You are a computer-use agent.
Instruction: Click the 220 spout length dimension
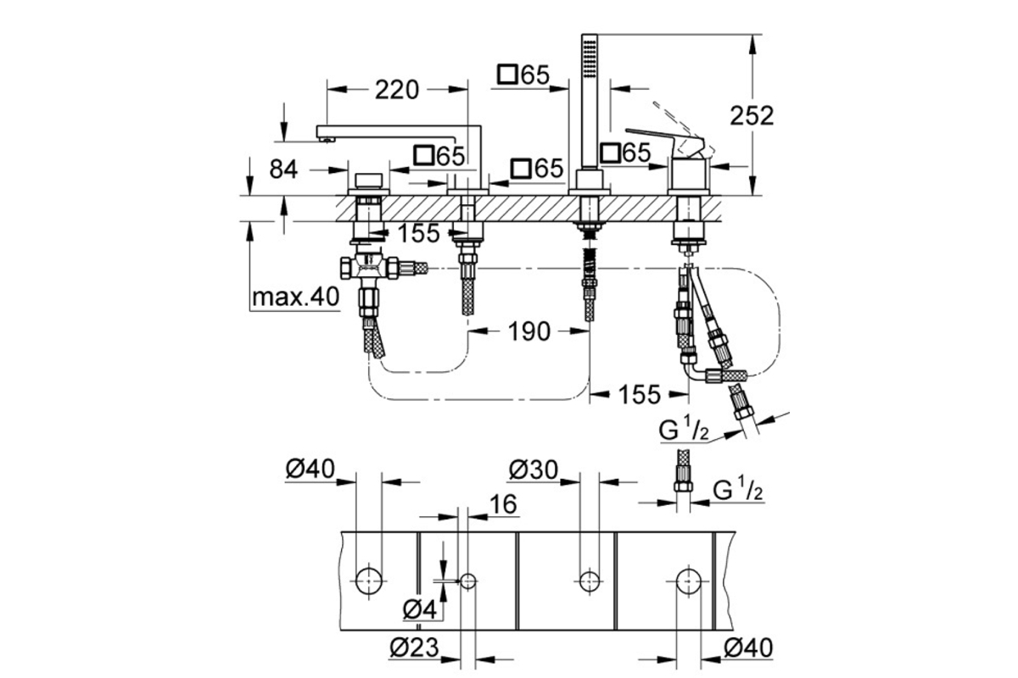coord(397,90)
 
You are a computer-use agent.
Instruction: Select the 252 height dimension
coord(752,116)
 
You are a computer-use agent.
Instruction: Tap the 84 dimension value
coord(283,169)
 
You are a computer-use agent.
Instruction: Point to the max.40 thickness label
coord(296,297)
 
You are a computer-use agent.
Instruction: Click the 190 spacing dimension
coord(529,331)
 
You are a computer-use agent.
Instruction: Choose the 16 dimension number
coord(503,504)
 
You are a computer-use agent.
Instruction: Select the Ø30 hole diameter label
coord(533,470)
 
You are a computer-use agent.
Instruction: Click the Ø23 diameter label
coord(415,647)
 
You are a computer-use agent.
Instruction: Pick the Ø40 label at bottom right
coord(748,647)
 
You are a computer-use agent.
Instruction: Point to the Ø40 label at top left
coord(310,469)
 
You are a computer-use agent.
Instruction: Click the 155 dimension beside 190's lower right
coord(640,394)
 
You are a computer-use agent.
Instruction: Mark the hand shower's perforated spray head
coord(589,59)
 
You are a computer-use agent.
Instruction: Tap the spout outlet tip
coord(326,141)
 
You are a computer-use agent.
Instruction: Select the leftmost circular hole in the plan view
coord(368,581)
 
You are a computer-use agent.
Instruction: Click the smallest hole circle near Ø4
coord(467,581)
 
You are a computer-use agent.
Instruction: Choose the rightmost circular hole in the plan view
coord(689,581)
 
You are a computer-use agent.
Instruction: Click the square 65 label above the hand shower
coord(523,75)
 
